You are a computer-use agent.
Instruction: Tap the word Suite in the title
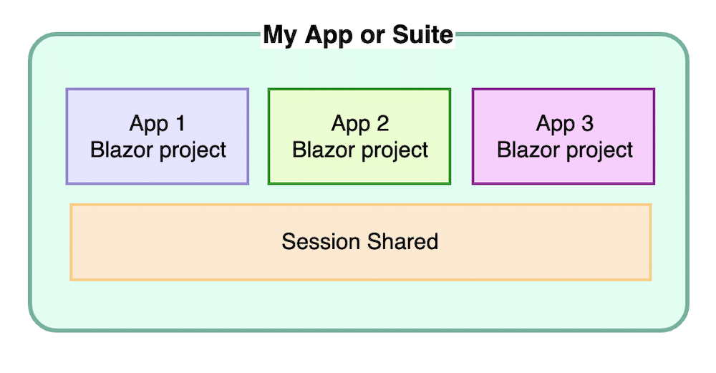(x=422, y=34)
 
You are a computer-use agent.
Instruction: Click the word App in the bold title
(x=329, y=36)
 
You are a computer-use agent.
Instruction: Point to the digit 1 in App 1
(x=180, y=123)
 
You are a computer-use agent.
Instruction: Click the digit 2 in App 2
(x=382, y=123)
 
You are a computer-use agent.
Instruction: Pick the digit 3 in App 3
(x=587, y=123)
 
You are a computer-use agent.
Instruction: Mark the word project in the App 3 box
(x=600, y=151)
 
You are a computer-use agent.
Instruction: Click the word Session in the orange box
(x=321, y=241)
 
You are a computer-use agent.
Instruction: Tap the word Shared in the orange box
(x=402, y=241)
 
